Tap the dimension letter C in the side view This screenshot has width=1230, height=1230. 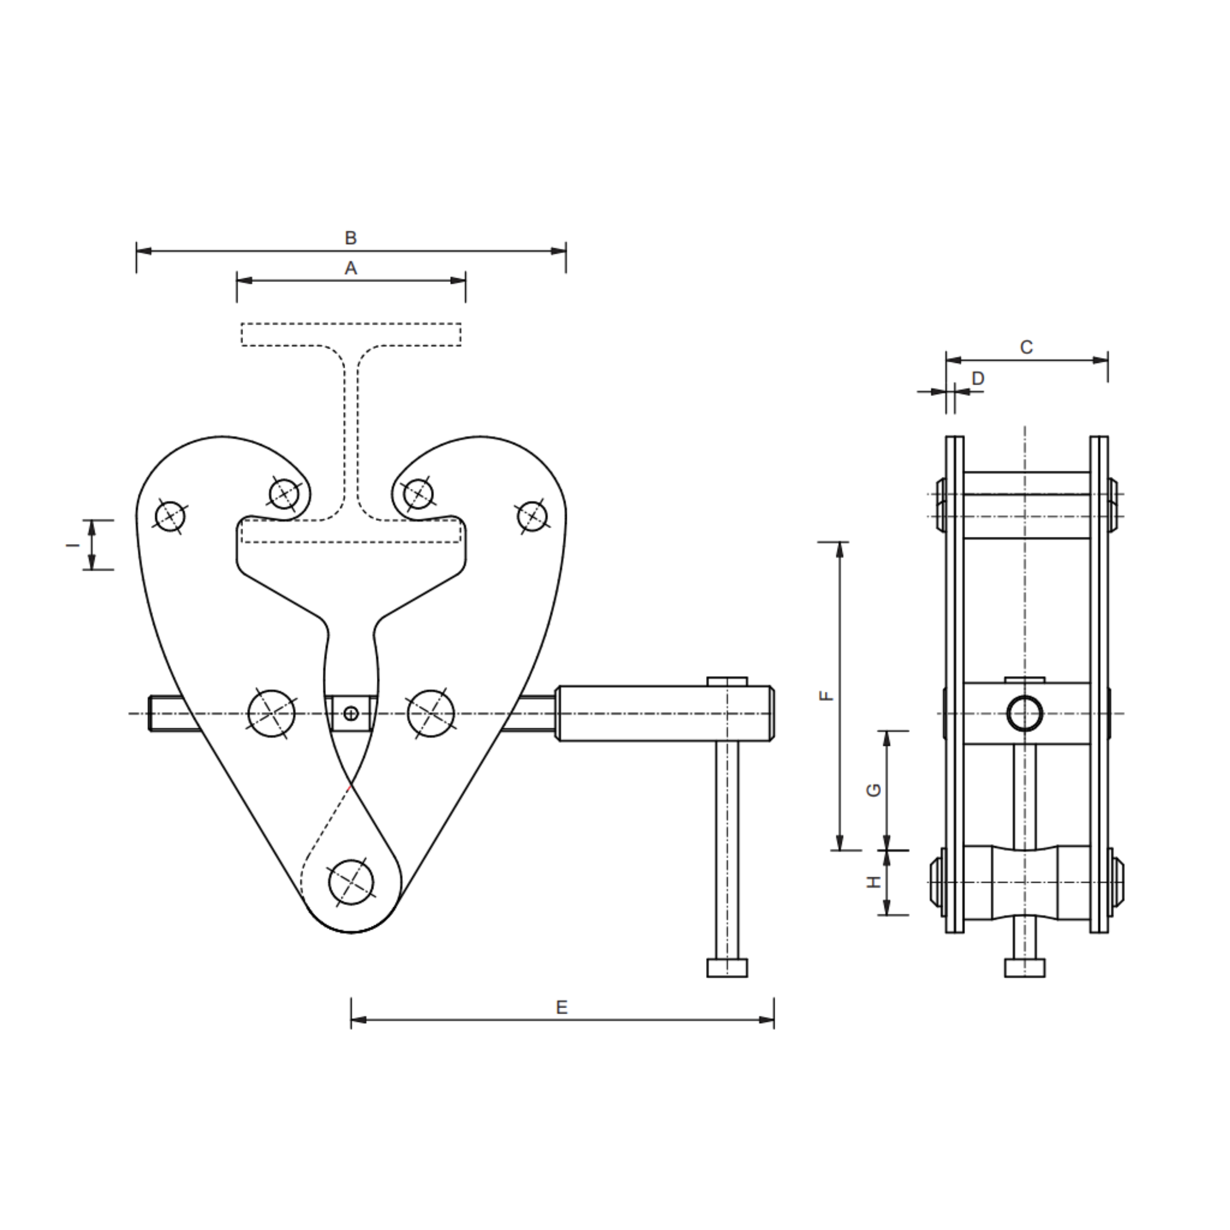click(x=1026, y=348)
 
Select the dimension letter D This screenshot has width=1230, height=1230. click(x=978, y=379)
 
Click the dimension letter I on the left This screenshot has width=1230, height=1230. click(x=73, y=545)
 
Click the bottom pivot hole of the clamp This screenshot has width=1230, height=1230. click(x=351, y=882)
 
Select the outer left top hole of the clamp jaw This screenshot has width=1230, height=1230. click(x=170, y=516)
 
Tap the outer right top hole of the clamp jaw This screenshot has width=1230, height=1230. click(x=532, y=516)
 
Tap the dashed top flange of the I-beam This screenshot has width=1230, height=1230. click(x=351, y=334)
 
